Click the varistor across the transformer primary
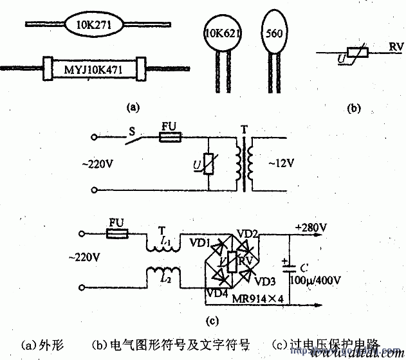coord(207,165)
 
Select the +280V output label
coord(310,227)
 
